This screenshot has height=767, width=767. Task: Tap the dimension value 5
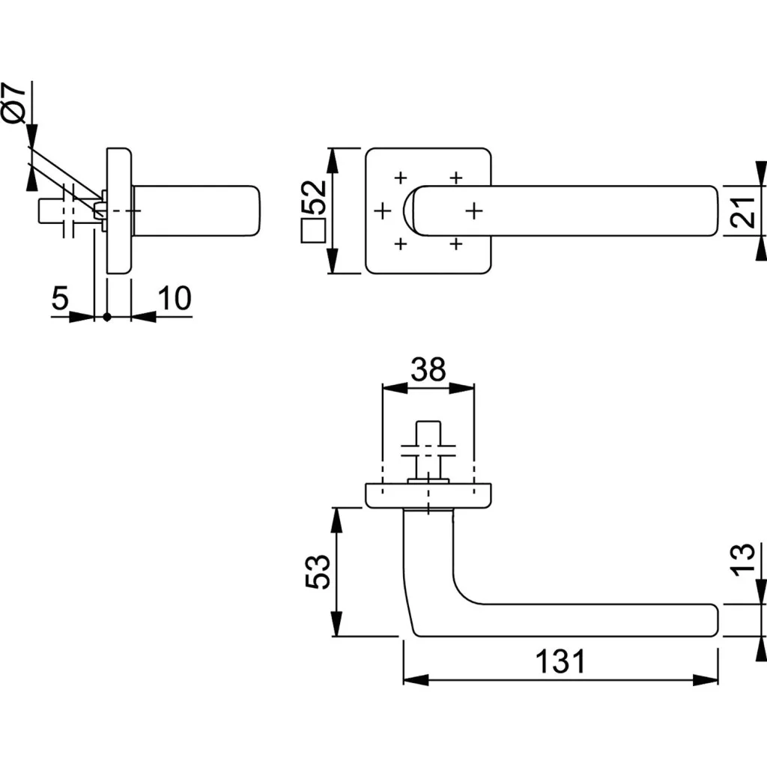tap(60, 298)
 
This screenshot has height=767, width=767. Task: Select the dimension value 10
tap(175, 298)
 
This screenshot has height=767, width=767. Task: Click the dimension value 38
tap(428, 369)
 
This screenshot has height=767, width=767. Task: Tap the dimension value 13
tap(741, 560)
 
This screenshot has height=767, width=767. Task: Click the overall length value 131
tap(560, 661)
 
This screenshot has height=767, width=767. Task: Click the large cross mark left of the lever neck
tap(383, 210)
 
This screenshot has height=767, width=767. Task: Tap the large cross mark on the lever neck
tap(472, 210)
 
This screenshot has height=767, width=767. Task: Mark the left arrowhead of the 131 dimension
tap(415, 681)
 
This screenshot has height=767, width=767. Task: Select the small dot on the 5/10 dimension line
tap(106, 317)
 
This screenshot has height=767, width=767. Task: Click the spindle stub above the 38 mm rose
tap(427, 442)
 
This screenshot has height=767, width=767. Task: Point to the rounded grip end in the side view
tap(252, 210)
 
